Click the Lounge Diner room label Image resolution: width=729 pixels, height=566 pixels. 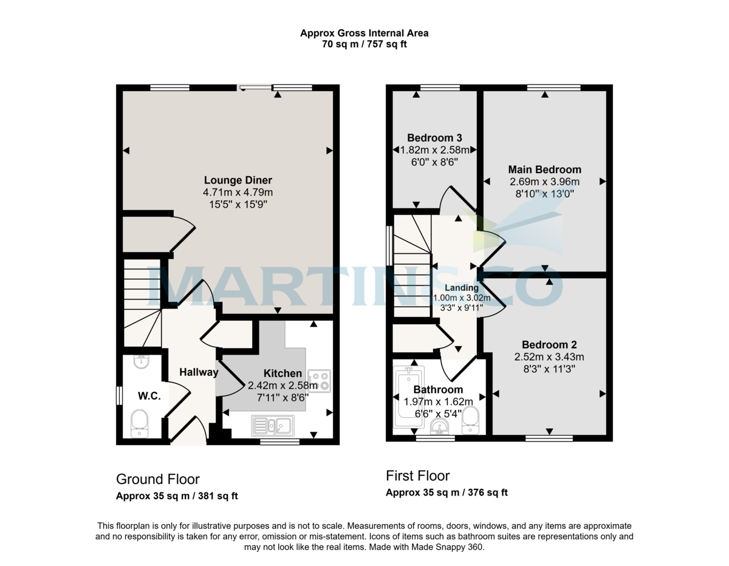click(238, 180)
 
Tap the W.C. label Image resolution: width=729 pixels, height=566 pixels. click(149, 396)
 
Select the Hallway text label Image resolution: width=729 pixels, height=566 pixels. click(199, 372)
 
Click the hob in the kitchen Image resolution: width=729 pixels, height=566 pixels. click(319, 381)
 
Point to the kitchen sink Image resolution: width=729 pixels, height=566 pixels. click(273, 426)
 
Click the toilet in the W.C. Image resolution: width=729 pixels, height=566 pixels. click(139, 423)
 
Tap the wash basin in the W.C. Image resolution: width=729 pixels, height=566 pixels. click(142, 361)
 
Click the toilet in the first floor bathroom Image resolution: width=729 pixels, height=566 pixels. click(470, 420)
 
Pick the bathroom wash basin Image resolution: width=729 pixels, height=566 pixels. click(440, 427)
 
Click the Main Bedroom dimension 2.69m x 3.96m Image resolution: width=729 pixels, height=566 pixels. click(544, 182)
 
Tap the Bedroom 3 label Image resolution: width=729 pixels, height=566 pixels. click(434, 138)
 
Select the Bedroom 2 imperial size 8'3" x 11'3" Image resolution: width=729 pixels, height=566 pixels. click(549, 369)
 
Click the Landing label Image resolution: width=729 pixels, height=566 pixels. click(462, 288)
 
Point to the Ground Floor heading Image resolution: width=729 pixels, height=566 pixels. click(158, 479)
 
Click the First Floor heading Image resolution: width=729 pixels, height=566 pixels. click(418, 476)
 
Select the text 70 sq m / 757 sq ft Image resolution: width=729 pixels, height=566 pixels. click(364, 44)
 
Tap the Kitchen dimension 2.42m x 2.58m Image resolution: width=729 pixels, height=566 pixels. click(283, 386)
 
